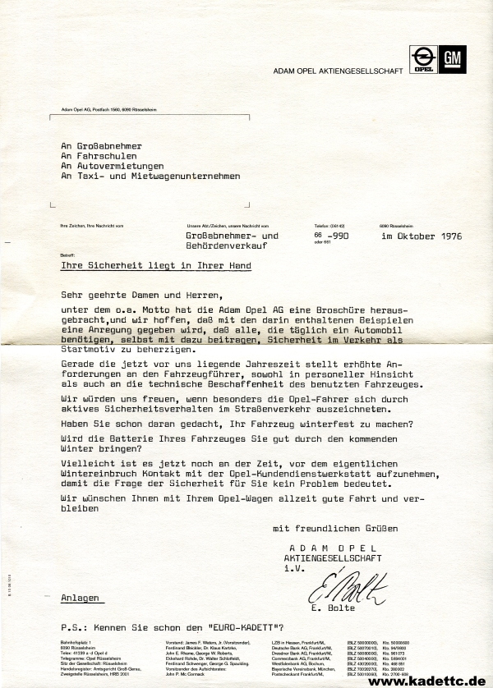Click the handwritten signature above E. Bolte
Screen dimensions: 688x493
click(x=346, y=588)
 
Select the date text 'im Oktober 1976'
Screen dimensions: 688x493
click(x=422, y=236)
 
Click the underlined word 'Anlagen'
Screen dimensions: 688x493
click(x=80, y=599)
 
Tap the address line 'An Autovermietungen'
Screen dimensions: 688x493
click(x=113, y=165)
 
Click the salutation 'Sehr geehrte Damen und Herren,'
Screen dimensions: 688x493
click(x=141, y=292)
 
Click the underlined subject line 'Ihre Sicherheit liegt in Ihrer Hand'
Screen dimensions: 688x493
click(x=156, y=266)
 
